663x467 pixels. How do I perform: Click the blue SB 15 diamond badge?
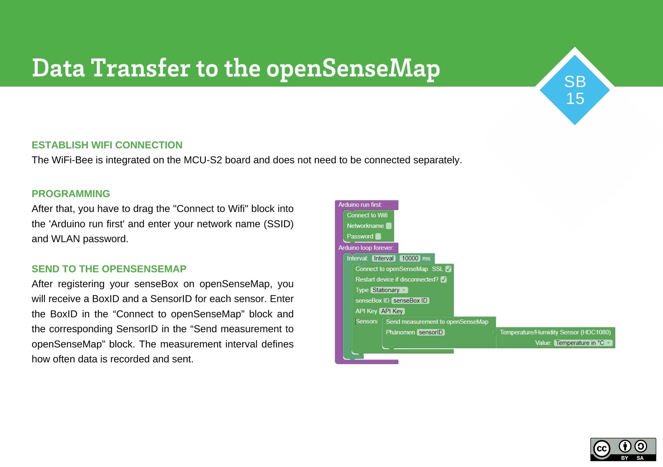click(574, 90)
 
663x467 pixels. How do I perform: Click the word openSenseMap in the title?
click(353, 69)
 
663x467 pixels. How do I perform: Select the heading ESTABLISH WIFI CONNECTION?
click(107, 145)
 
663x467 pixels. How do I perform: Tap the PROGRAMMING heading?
click(71, 194)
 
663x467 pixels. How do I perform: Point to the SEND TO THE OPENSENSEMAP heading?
click(109, 269)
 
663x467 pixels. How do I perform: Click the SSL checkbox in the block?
click(448, 269)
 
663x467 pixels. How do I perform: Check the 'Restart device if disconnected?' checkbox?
click(444, 279)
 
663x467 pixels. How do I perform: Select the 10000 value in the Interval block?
click(410, 258)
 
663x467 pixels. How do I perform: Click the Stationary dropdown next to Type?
click(389, 290)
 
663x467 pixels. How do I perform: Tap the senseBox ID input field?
click(410, 301)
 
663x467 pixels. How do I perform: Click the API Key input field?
click(392, 311)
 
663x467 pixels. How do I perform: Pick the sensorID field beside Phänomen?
click(431, 332)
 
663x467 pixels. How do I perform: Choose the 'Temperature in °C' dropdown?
click(583, 343)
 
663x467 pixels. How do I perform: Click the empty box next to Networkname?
click(389, 226)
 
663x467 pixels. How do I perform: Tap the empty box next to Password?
click(378, 236)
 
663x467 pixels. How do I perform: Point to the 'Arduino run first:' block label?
click(360, 205)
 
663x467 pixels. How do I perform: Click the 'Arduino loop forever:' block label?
click(366, 248)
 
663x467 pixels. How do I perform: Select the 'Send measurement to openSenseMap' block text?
click(437, 321)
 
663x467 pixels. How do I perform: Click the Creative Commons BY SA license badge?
click(623, 449)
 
